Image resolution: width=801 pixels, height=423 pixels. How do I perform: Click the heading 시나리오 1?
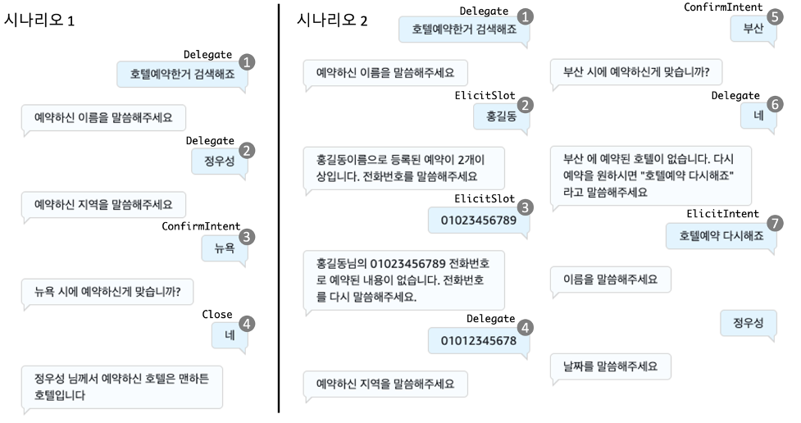click(x=39, y=20)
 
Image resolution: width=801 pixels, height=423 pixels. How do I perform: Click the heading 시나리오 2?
click(x=332, y=20)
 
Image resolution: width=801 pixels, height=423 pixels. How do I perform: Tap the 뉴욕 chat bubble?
click(x=224, y=247)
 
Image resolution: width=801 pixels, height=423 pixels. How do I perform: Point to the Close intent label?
click(x=217, y=315)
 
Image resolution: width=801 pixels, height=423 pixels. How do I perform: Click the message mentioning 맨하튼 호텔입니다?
click(x=122, y=387)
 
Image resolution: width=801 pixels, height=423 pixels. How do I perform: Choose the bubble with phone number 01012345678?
click(x=478, y=341)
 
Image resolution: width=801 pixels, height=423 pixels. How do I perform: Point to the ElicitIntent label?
click(x=723, y=214)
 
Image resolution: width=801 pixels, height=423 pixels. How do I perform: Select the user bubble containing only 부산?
click(x=753, y=28)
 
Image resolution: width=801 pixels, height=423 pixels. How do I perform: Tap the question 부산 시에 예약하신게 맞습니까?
click(x=635, y=71)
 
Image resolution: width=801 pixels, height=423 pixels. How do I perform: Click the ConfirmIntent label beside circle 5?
click(x=723, y=7)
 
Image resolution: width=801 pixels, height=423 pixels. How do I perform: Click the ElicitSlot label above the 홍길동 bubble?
click(x=484, y=96)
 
